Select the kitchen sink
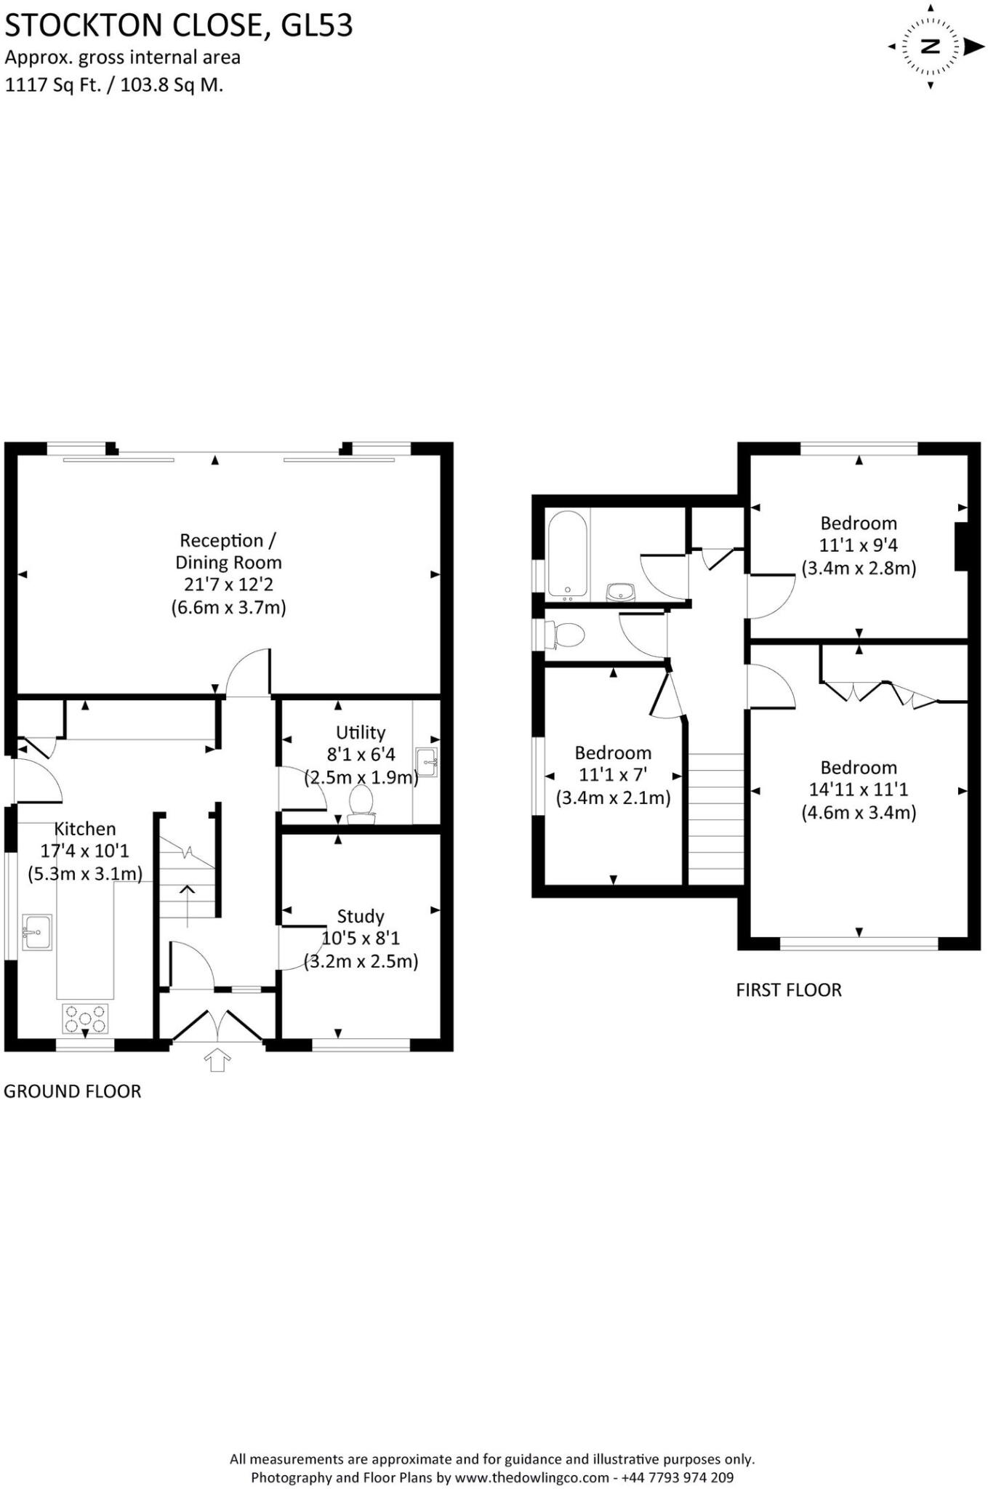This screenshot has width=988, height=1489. point(36,932)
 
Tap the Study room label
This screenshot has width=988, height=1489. point(361,916)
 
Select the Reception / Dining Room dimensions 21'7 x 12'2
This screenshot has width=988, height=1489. point(228,585)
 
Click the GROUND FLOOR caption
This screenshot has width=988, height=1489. point(73,1091)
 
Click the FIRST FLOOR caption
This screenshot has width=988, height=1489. point(789,990)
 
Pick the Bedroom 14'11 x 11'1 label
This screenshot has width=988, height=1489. point(859,790)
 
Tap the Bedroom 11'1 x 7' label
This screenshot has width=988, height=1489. point(613,775)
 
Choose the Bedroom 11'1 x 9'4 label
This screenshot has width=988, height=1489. point(859,545)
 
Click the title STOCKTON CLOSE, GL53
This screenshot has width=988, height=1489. point(179,26)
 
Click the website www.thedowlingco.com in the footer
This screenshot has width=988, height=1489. point(532,1477)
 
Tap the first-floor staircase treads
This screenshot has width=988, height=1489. point(715,818)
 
